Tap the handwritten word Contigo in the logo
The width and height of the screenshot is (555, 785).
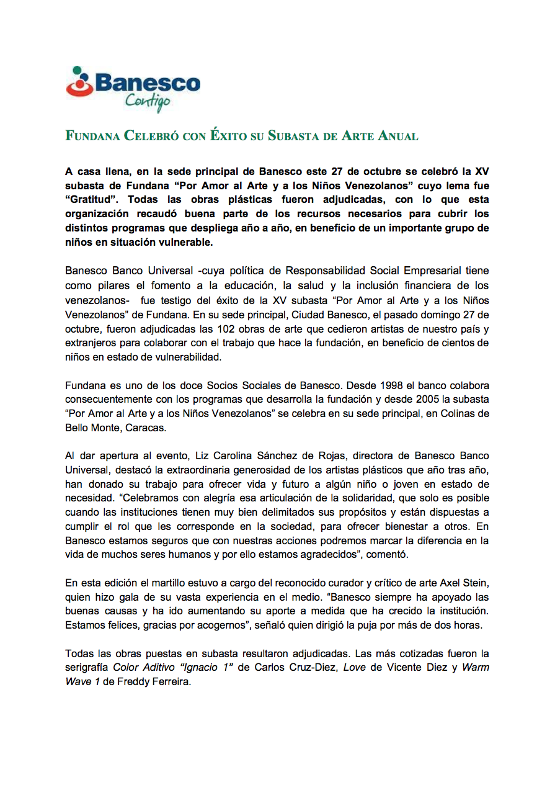click(x=147, y=101)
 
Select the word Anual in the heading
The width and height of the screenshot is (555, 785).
click(x=398, y=136)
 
